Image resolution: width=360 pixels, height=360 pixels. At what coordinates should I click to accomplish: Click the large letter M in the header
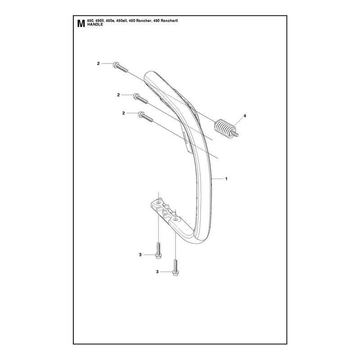[81, 24]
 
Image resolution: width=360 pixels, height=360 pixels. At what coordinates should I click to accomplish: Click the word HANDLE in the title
[95, 25]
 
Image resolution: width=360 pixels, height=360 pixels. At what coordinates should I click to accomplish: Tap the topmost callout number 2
[98, 63]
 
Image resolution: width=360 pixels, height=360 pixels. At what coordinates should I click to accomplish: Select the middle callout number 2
[118, 95]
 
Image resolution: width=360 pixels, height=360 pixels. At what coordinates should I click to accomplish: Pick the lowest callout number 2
[123, 113]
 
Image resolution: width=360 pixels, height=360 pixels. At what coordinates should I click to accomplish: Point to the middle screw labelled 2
[140, 99]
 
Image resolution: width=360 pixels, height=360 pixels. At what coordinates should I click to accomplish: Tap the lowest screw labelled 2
[145, 117]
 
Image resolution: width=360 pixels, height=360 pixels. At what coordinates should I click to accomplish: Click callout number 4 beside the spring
[245, 116]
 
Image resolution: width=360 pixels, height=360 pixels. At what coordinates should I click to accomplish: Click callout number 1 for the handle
[226, 179]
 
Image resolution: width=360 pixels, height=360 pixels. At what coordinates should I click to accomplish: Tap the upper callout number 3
[140, 255]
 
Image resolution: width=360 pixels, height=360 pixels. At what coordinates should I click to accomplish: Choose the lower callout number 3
[157, 272]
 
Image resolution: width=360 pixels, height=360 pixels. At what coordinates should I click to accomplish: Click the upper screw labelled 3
[158, 251]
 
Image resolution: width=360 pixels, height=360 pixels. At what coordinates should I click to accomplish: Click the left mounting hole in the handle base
[159, 202]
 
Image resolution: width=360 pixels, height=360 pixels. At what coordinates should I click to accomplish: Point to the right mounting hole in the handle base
[175, 220]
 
